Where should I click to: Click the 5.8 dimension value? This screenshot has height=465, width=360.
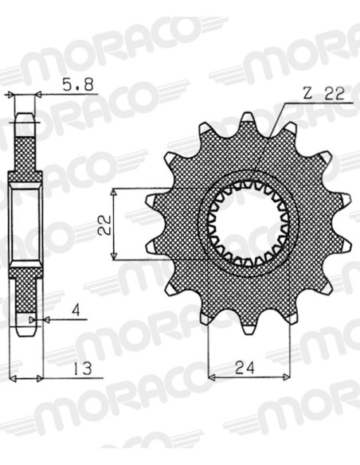pyautogui.click(x=78, y=84)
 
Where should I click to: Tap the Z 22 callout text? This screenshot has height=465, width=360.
pyautogui.click(x=324, y=94)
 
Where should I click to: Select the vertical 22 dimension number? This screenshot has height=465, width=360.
pyautogui.click(x=104, y=225)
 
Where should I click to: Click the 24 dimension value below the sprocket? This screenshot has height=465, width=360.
pyautogui.click(x=245, y=369)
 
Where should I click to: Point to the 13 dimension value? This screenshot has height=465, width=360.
pyautogui.click(x=83, y=369)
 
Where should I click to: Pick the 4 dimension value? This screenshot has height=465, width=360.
pyautogui.click(x=76, y=311)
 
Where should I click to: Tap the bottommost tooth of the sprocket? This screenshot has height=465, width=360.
pyautogui.click(x=249, y=329)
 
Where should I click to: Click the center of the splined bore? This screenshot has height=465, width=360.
pyautogui.click(x=248, y=223)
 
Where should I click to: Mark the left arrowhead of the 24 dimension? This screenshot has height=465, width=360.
pyautogui.click(x=211, y=377)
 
